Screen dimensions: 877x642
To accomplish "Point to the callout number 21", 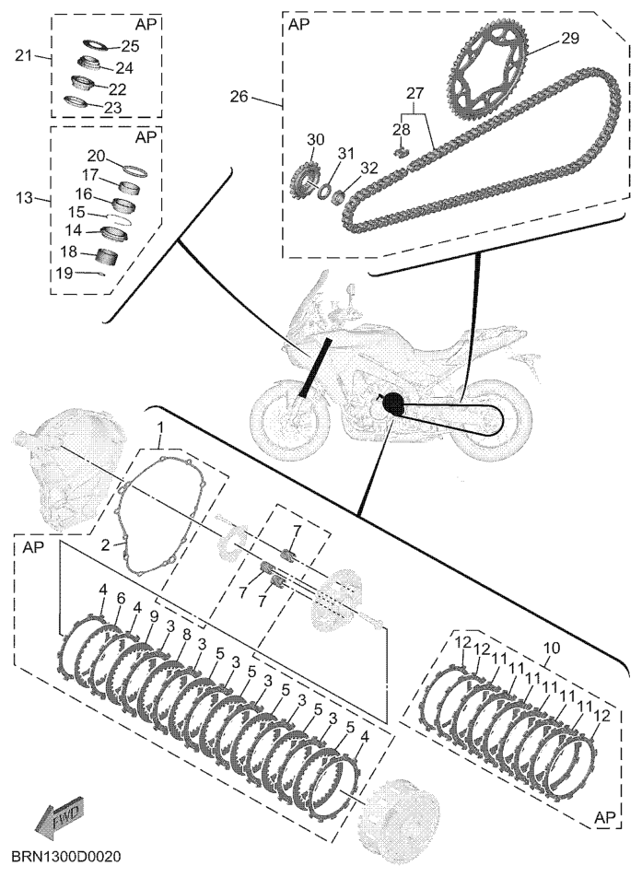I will (24, 56).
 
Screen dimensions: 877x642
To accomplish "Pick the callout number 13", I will (24, 198).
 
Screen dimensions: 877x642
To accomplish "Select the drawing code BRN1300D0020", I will (67, 857).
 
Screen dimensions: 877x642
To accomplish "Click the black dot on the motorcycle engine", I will (393, 403).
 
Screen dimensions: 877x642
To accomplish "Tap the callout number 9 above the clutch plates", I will (154, 616).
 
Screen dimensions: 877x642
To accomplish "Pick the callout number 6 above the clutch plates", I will (121, 599).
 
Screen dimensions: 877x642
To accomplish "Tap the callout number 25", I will (130, 45).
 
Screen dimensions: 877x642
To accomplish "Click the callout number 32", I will (368, 168).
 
